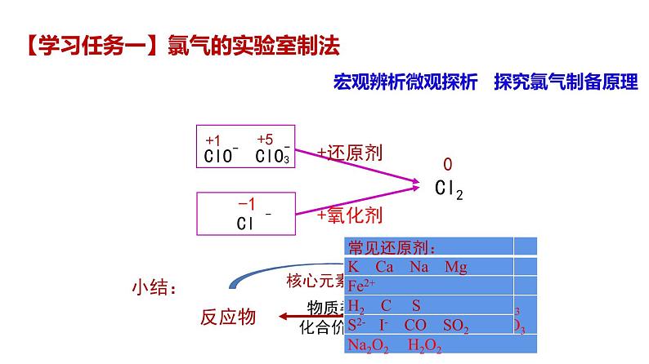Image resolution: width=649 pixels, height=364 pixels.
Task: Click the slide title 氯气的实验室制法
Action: pyautogui.click(x=252, y=45)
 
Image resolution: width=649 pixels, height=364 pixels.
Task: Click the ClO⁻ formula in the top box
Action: pyautogui.click(x=221, y=156)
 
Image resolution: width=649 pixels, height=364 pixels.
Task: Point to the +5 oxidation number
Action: pyautogui.click(x=266, y=139)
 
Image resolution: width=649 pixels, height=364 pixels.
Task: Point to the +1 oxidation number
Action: pyautogui.click(x=213, y=140)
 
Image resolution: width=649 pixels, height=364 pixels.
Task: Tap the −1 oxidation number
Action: pyautogui.click(x=246, y=204)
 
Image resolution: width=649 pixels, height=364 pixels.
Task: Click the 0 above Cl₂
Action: pyautogui.click(x=447, y=165)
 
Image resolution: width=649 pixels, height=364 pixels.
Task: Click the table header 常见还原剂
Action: pyautogui.click(x=392, y=247)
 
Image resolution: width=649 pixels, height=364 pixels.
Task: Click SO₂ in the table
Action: pyautogui.click(x=455, y=326)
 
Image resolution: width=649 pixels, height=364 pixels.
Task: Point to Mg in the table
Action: pyautogui.click(x=455, y=267)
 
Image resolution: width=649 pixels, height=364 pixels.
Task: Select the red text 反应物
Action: pyautogui.click(x=228, y=317)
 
